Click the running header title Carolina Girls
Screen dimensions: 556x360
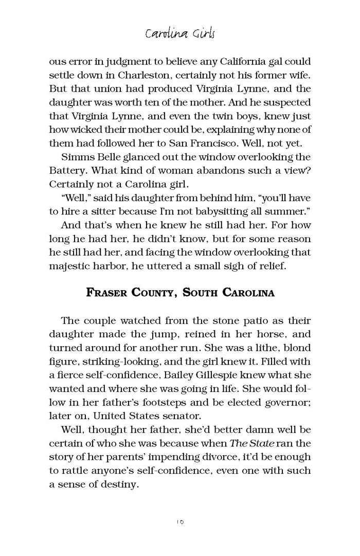coord(179,34)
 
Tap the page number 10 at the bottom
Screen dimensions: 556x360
coord(179,522)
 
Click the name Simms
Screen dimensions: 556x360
coord(76,156)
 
